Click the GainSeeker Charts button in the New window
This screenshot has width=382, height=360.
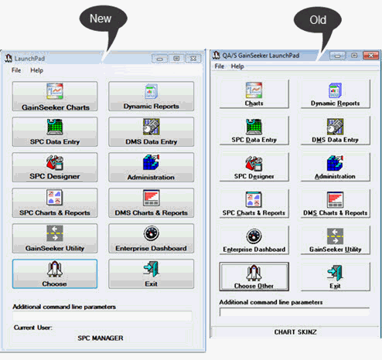point(55,97)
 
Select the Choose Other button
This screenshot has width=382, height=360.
point(254,277)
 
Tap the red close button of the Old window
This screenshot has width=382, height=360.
point(370,56)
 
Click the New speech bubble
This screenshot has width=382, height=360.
point(103,22)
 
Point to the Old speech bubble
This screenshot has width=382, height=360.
point(318,22)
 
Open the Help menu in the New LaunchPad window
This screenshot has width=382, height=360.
point(36,70)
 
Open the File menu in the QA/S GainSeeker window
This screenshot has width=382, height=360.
point(220,66)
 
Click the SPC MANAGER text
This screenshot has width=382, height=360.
point(101,338)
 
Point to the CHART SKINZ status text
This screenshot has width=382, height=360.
point(295,332)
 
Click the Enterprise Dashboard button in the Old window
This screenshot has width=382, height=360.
point(254,240)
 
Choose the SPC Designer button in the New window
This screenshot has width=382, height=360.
point(55,168)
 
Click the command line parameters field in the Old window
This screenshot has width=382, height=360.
point(295,312)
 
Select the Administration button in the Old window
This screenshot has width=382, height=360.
point(335,167)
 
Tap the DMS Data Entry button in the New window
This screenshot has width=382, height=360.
point(152,132)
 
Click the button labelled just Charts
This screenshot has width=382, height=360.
point(254,93)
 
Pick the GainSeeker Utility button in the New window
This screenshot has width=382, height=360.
point(55,239)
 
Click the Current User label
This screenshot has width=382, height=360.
point(32,328)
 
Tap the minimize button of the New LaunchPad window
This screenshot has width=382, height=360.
point(159,59)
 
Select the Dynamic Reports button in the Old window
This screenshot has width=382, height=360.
point(335,93)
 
